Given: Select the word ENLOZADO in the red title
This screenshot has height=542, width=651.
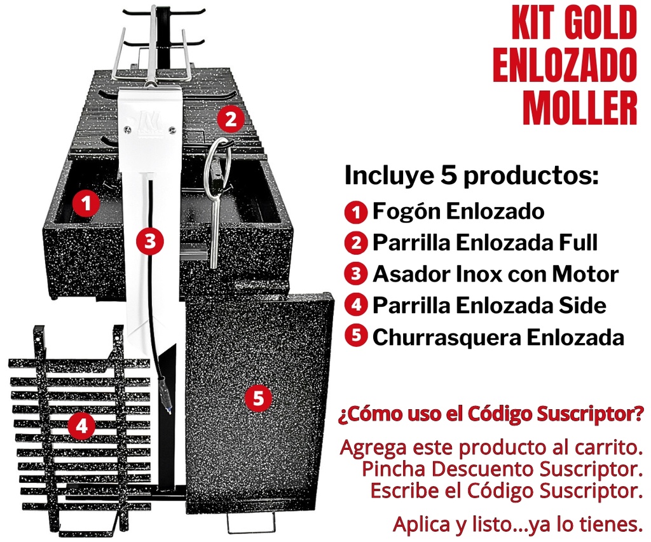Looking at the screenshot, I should (x=565, y=66).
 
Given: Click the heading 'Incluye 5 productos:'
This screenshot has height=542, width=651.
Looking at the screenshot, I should (x=472, y=175).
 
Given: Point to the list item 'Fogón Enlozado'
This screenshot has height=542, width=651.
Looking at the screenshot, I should (x=458, y=211).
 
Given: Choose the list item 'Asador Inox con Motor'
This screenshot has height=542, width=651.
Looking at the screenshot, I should (x=495, y=274).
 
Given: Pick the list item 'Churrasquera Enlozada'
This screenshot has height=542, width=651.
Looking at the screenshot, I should (x=498, y=337).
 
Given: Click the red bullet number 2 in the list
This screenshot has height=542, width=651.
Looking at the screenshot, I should (x=356, y=243).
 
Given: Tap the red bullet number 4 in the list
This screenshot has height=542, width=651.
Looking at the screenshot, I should (x=356, y=306).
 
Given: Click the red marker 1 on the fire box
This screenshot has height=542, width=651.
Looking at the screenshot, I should (x=86, y=204).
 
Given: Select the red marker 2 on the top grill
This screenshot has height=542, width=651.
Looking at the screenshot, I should (x=230, y=119).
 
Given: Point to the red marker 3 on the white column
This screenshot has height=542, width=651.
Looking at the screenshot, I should (x=150, y=241).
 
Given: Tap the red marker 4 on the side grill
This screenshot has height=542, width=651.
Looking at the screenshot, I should (x=81, y=426).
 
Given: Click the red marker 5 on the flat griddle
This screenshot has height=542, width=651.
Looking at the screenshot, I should (x=258, y=399).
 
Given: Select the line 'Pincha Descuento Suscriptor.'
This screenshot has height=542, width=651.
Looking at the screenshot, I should (x=500, y=470).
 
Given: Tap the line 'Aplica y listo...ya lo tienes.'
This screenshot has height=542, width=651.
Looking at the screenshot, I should (x=515, y=524).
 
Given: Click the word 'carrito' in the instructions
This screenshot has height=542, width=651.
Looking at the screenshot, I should (x=597, y=447).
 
